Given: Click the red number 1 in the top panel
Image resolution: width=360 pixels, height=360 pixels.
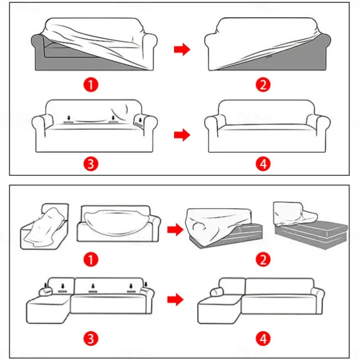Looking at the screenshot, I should pos(90,84).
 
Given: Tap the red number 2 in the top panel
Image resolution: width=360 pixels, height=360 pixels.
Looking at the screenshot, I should pos(263,84).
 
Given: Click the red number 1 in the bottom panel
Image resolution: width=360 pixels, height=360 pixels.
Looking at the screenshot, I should pos(90,259).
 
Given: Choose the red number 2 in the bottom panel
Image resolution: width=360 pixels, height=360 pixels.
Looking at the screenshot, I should pos(263,259).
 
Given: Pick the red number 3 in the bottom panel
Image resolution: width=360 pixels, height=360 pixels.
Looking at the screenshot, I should pos(90,338).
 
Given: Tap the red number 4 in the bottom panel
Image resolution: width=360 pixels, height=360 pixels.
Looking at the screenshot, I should pos(263,338).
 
